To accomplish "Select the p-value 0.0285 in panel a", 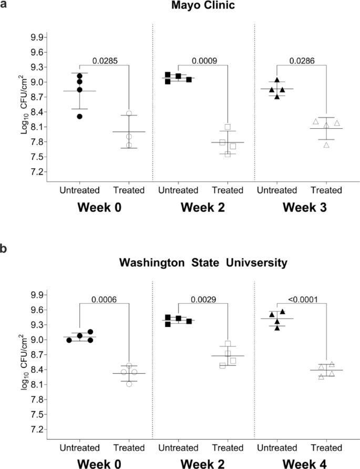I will pyautogui.click(x=104, y=61).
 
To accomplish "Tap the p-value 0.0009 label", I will pyautogui.click(x=204, y=61).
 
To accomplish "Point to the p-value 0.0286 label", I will pyautogui.click(x=304, y=61).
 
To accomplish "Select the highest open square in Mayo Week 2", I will pyautogui.click(x=228, y=127).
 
